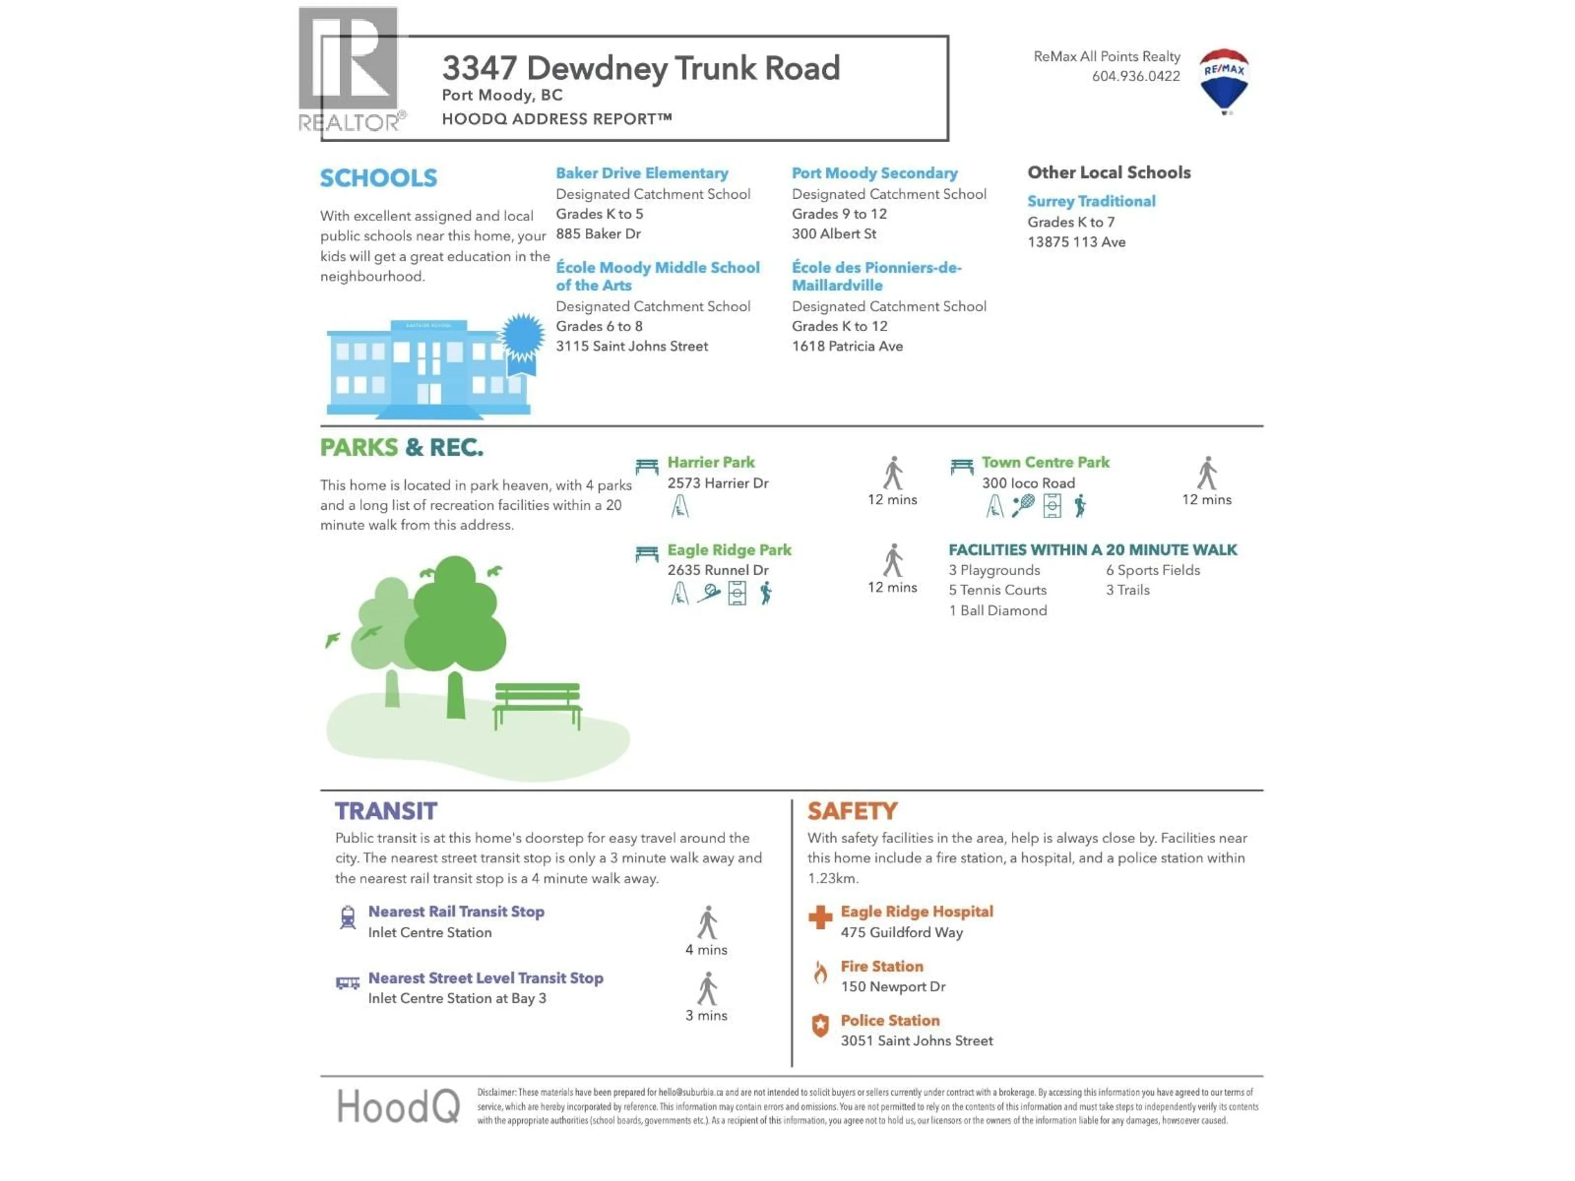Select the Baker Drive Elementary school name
tap(641, 173)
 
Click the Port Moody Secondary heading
tap(874, 173)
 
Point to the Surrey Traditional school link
tap(1091, 201)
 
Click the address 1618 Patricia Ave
tap(847, 346)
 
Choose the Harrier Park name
tap(711, 462)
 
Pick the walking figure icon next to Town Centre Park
tap(1207, 473)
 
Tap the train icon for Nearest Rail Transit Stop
tap(347, 917)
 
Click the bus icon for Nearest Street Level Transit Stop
tap(347, 983)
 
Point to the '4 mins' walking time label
tap(706, 950)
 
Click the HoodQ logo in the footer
tap(398, 1107)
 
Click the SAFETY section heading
tap(852, 811)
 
